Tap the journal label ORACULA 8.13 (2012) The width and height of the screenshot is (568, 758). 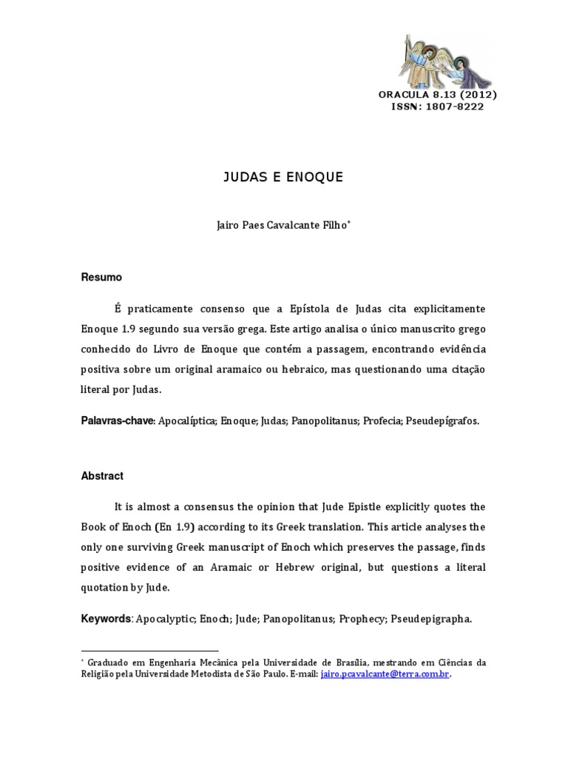pos(437,95)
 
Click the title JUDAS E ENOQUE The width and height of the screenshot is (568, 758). pos(284,178)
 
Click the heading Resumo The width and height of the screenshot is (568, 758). pos(101,277)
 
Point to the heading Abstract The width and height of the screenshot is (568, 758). pos(102,476)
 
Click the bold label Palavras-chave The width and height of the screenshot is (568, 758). pos(117,420)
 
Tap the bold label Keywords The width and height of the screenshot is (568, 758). pos(105,619)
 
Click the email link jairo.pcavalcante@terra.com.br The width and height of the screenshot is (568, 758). pos(385,674)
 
